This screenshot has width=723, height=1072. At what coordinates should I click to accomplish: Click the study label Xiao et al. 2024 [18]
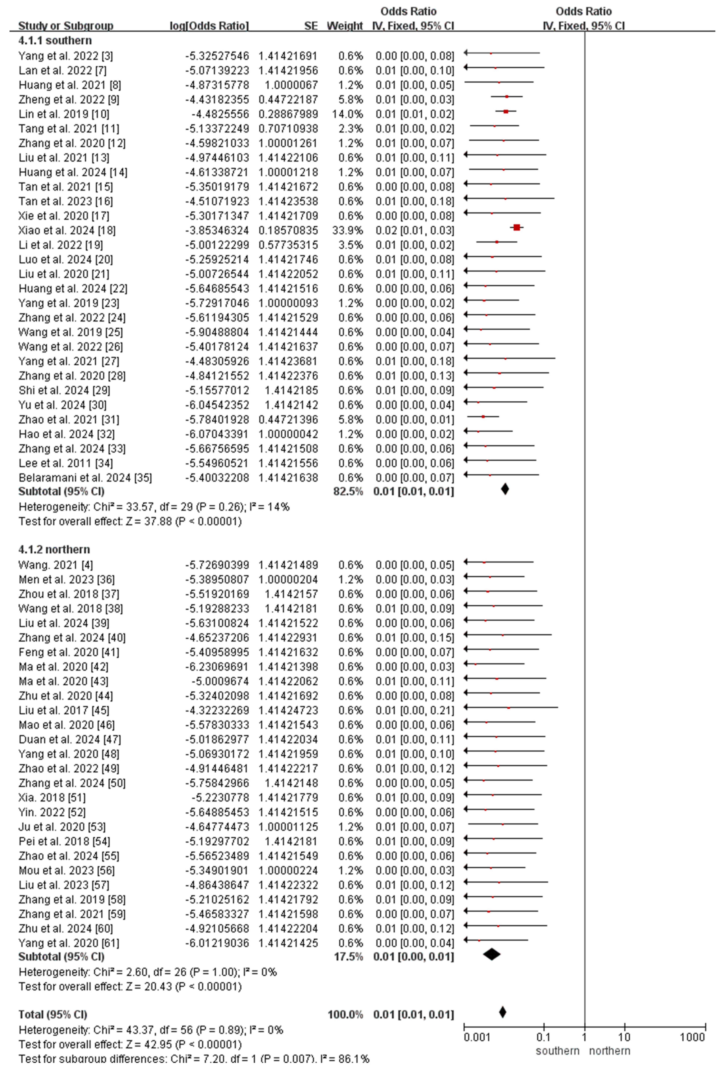click(67, 230)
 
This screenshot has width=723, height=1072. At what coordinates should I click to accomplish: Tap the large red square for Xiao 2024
click(516, 227)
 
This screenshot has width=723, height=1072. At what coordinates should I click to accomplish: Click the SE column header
click(311, 26)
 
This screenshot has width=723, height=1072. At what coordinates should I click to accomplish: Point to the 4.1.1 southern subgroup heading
click(55, 40)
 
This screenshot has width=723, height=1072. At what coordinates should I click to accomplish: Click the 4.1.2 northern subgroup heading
click(54, 549)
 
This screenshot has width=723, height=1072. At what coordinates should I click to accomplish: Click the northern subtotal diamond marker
click(492, 954)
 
